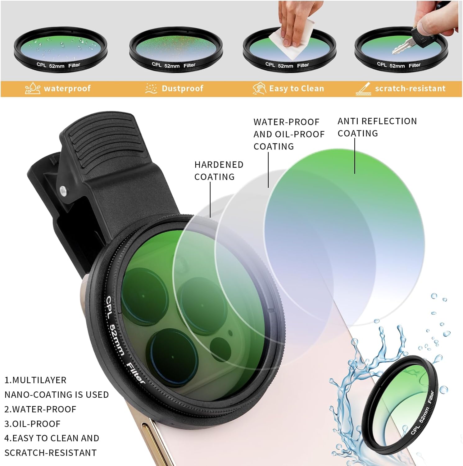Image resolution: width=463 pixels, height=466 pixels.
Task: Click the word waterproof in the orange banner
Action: (x=67, y=89)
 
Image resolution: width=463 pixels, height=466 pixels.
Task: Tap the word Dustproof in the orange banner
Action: (x=183, y=89)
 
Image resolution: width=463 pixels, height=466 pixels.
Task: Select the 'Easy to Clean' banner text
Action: (x=297, y=89)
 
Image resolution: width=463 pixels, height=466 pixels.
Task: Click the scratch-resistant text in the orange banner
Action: (x=410, y=89)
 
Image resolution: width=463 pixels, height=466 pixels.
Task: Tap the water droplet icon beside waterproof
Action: (x=33, y=89)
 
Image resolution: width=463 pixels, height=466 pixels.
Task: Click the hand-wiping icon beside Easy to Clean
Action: (x=259, y=89)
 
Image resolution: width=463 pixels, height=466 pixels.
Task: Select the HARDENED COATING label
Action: (x=219, y=171)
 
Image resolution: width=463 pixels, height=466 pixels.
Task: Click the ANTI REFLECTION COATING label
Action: (x=377, y=127)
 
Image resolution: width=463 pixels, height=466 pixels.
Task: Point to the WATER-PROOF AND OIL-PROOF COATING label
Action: (x=289, y=134)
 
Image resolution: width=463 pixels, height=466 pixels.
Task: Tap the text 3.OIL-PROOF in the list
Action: (x=32, y=424)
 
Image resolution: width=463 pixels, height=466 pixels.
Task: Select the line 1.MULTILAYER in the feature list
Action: (x=35, y=380)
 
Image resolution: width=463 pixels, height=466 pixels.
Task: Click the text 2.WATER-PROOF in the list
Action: (x=40, y=409)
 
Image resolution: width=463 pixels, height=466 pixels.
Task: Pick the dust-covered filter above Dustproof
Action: (x=176, y=50)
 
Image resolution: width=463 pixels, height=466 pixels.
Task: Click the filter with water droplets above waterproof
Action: (x=61, y=50)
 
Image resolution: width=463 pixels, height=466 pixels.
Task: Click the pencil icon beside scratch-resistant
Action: (x=363, y=89)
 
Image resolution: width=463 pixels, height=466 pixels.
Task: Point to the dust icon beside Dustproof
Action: (x=151, y=89)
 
